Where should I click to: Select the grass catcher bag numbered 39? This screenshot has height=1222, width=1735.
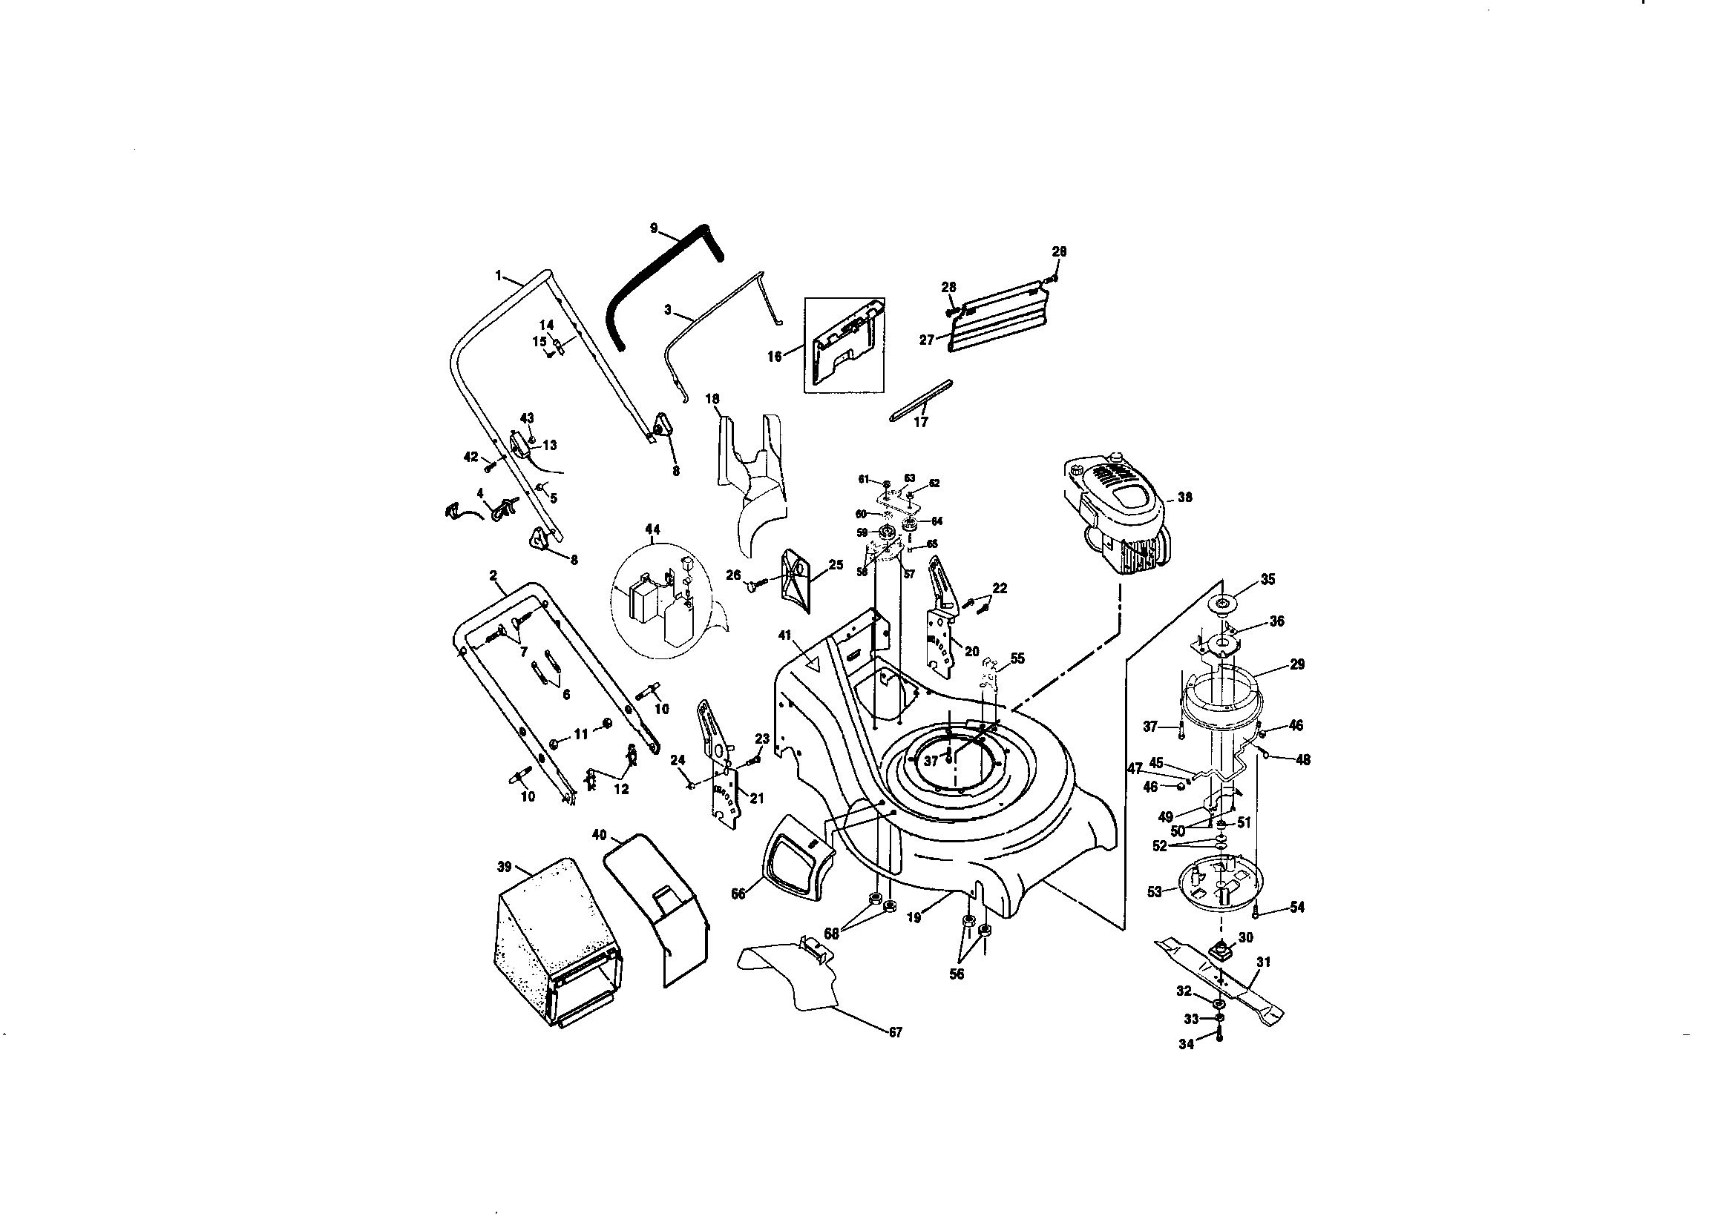[555, 944]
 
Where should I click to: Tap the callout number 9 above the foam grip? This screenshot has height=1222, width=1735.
[654, 228]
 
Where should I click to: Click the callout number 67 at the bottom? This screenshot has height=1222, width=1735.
[895, 1032]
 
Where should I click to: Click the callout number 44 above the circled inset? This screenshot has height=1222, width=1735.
[652, 529]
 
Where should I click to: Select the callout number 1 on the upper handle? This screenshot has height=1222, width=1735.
[499, 277]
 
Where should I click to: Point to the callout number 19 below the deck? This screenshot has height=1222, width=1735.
[914, 918]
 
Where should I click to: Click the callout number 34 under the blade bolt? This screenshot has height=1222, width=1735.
[1187, 1045]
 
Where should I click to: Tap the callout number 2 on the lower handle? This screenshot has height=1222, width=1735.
[493, 576]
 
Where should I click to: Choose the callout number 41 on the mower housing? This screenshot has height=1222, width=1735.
[784, 635]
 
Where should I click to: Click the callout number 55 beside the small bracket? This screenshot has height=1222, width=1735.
[1018, 658]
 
